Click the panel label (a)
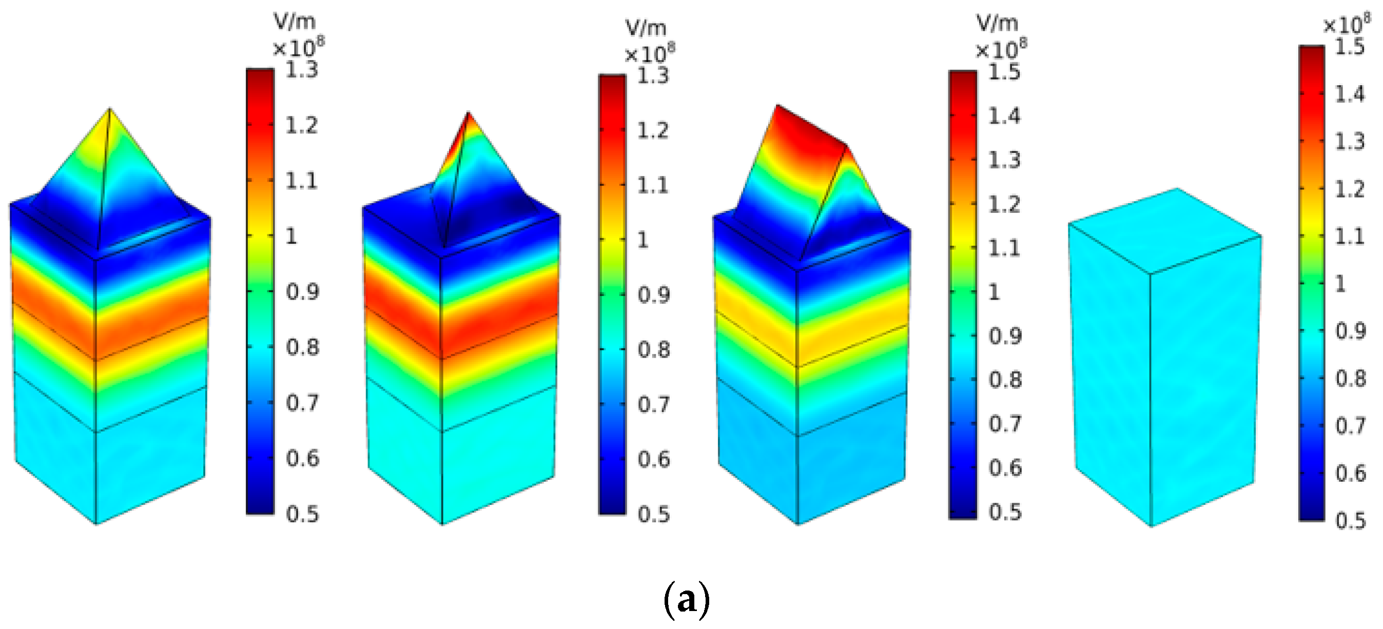(687, 599)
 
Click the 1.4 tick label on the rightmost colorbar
(1349, 94)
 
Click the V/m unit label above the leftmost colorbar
(294, 22)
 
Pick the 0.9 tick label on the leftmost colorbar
(302, 292)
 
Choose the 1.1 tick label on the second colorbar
(653, 186)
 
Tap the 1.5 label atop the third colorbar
(1004, 72)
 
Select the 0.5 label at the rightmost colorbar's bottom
(1350, 521)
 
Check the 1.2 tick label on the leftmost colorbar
(301, 126)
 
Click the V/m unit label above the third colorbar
(997, 24)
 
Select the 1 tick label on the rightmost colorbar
(1340, 283)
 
